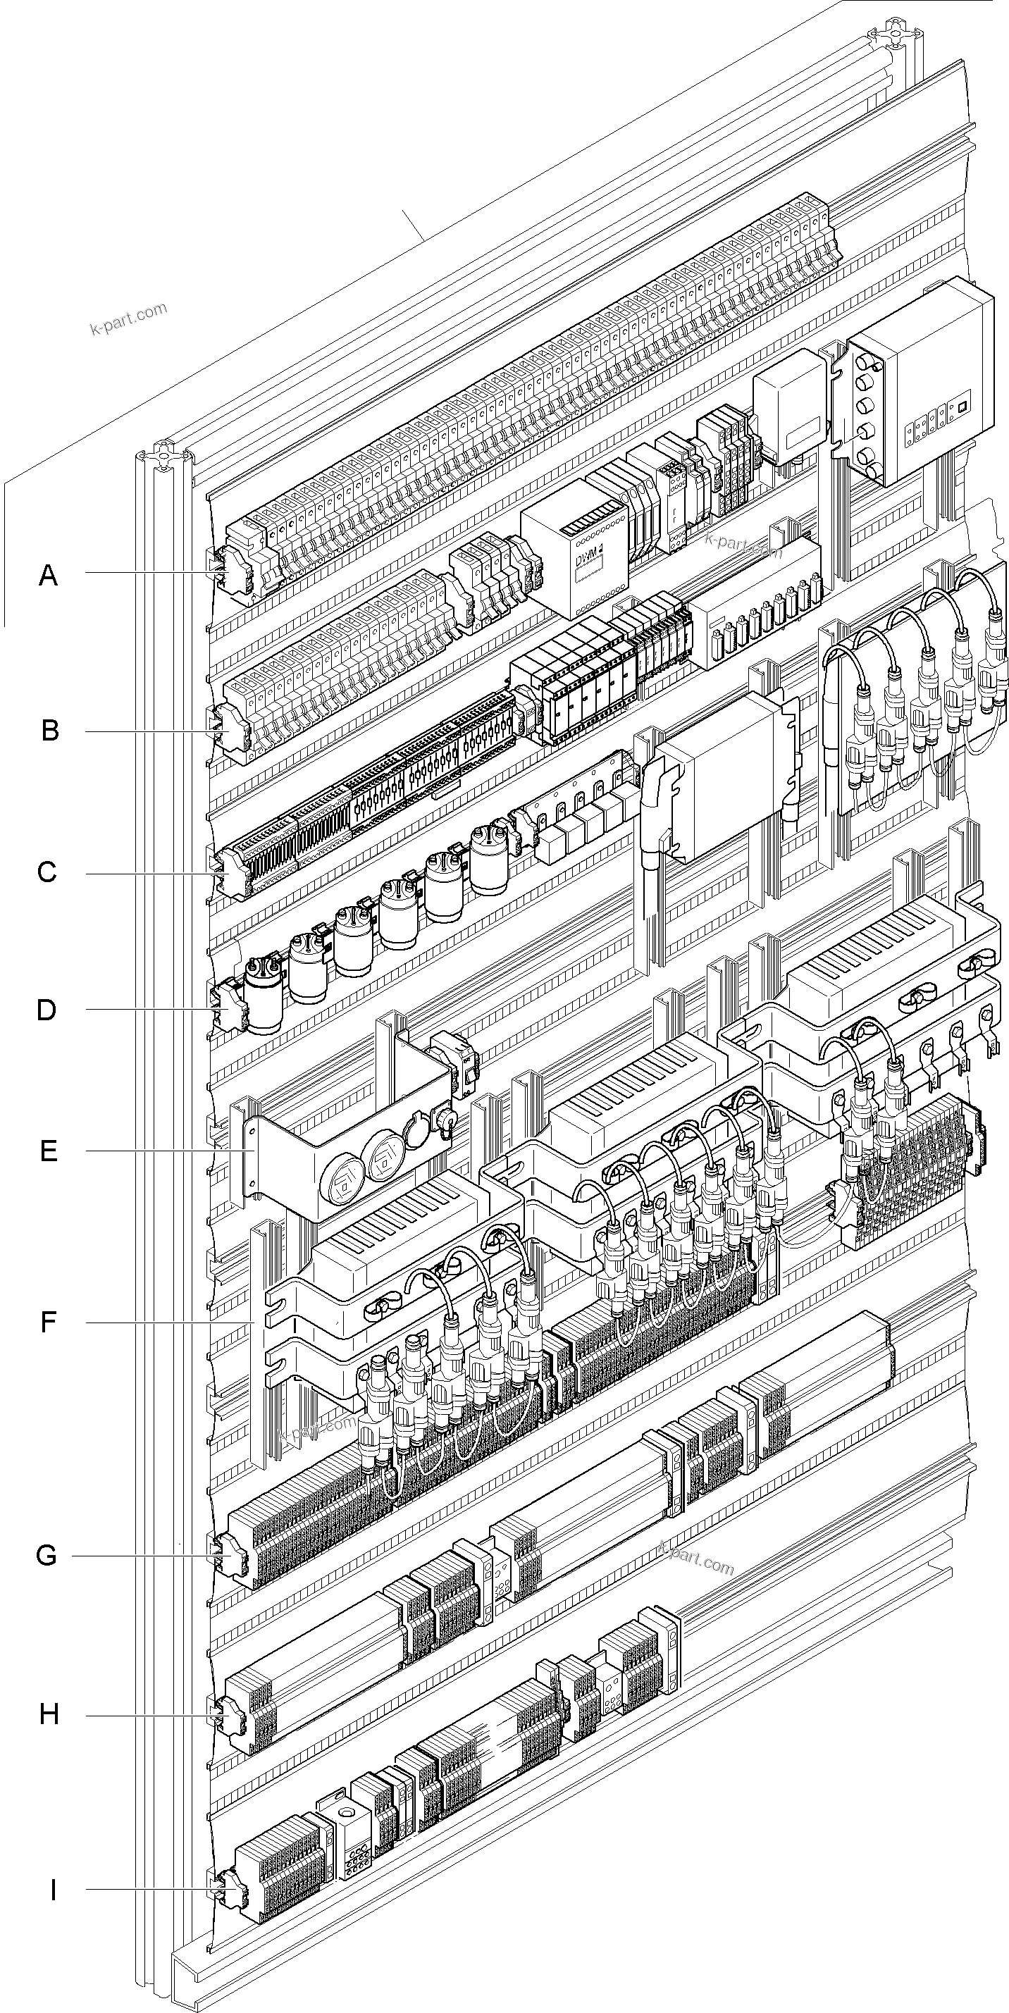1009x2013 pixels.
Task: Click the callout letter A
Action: pyautogui.click(x=49, y=576)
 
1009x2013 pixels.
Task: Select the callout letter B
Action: pyautogui.click(x=49, y=731)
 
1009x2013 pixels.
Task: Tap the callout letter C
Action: pyautogui.click(x=47, y=872)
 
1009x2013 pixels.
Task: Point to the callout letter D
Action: pyautogui.click(x=47, y=1010)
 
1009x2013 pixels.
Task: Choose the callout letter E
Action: pyautogui.click(x=49, y=1151)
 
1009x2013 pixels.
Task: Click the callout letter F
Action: pyautogui.click(x=49, y=1323)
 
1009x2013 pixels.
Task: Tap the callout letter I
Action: pyautogui.click(x=52, y=1890)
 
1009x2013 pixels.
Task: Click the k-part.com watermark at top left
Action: pyautogui.click(x=129, y=318)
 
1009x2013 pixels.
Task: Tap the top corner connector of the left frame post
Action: pyautogui.click(x=163, y=459)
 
